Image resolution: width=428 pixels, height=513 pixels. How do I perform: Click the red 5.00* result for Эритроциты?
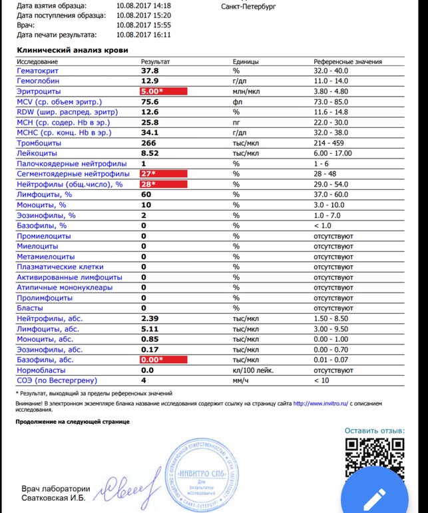tap(152, 91)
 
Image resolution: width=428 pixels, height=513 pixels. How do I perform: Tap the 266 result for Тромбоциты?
tap(148, 143)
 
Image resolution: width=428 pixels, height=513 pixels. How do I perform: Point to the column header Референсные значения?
tap(347, 61)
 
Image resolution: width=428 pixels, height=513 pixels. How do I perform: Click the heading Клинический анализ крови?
tap(73, 50)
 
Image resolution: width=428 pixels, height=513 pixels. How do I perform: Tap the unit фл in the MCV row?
tap(236, 102)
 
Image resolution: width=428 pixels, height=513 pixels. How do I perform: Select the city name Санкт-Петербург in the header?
tap(248, 7)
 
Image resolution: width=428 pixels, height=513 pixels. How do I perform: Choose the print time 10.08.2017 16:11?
tap(143, 35)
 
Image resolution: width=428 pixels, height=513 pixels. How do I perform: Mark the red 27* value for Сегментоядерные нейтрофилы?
tap(148, 174)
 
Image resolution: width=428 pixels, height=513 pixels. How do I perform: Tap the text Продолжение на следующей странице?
tap(73, 422)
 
